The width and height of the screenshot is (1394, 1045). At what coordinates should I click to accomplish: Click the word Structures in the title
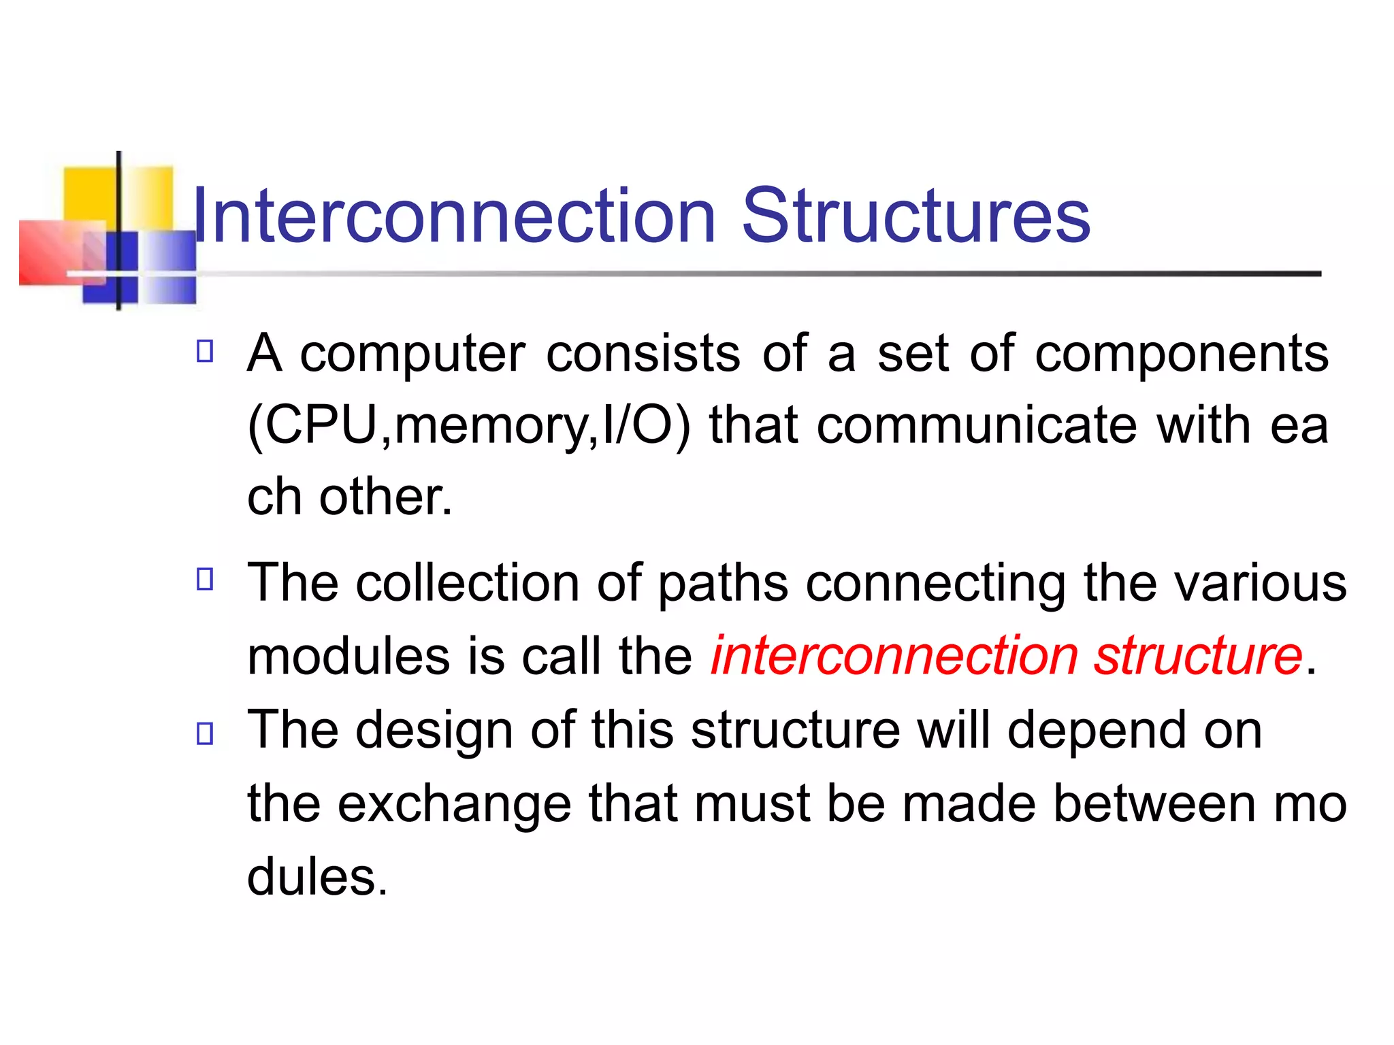[x=915, y=216]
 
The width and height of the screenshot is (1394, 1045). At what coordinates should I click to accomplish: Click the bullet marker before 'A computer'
[x=205, y=351]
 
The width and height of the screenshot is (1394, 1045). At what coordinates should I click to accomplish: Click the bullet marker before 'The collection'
[x=205, y=579]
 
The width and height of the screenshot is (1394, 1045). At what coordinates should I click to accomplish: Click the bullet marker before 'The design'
[x=205, y=733]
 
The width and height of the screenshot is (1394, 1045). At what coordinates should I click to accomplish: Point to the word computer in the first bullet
[x=412, y=355]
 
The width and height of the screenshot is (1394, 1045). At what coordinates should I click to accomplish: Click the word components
[x=1181, y=355]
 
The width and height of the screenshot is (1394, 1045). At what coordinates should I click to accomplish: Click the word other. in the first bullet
[x=385, y=497]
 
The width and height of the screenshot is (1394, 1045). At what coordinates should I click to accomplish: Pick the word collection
[x=467, y=584]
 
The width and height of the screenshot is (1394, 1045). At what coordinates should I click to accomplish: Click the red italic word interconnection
[x=894, y=656]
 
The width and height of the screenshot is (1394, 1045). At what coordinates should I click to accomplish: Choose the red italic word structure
[x=1198, y=656]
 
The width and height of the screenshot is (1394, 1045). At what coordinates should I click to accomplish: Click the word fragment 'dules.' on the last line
[x=317, y=878]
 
